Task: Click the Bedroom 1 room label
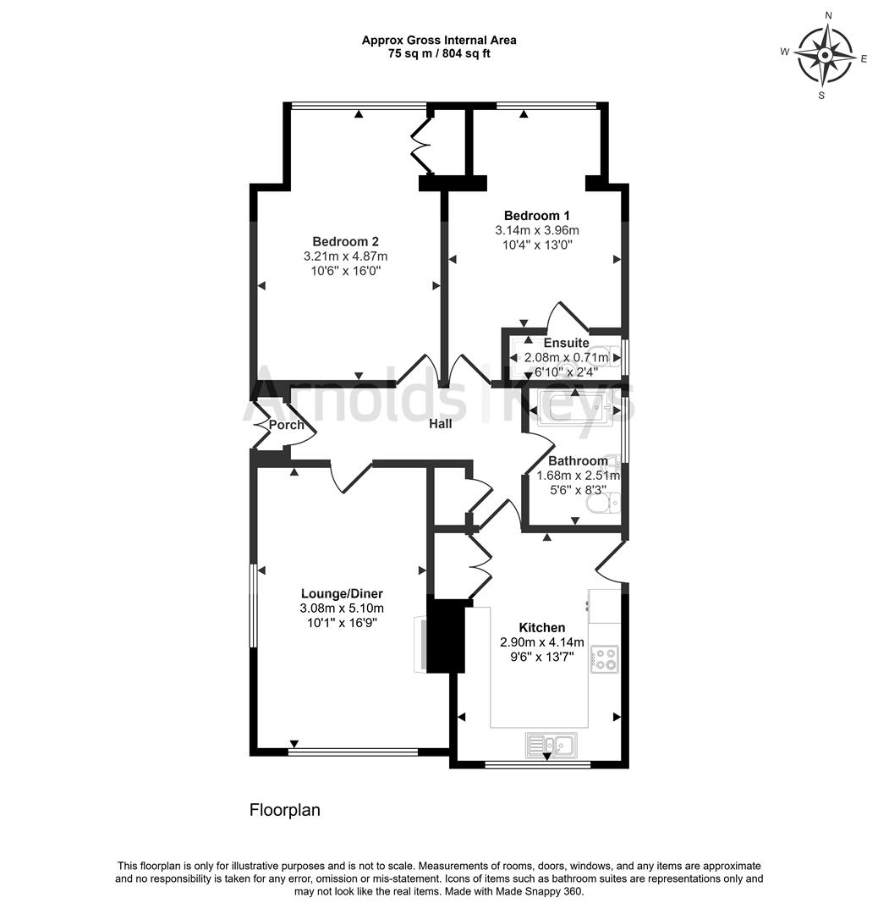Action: click(536, 215)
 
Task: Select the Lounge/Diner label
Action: click(341, 593)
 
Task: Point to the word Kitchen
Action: click(541, 627)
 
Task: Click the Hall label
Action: click(440, 423)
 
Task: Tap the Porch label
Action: click(287, 424)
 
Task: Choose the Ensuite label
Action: click(566, 344)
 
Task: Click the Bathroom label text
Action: click(578, 461)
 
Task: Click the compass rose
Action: click(825, 55)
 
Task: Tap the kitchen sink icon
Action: click(550, 745)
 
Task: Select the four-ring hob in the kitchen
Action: click(605, 658)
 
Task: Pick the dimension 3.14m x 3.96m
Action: click(536, 230)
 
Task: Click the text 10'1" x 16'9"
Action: click(341, 623)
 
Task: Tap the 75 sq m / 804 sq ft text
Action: click(439, 53)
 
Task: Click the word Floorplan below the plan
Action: click(285, 810)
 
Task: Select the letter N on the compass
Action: click(828, 15)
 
